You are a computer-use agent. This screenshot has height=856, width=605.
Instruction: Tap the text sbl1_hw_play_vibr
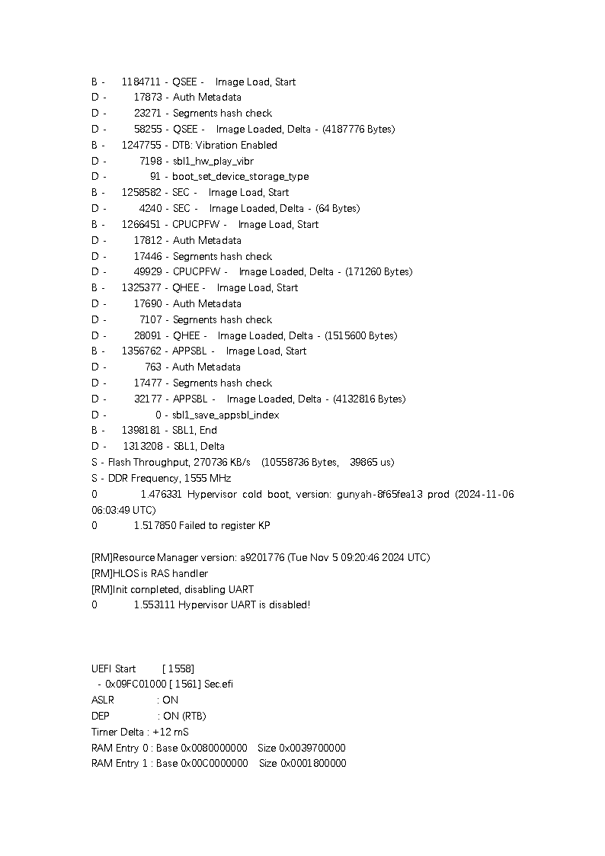pyautogui.click(x=213, y=161)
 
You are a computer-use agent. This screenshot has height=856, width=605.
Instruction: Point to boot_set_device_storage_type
pyautogui.click(x=240, y=176)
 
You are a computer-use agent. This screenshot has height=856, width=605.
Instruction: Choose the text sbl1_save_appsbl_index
pyautogui.click(x=226, y=415)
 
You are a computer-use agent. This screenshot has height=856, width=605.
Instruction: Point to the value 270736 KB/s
pyautogui.click(x=222, y=462)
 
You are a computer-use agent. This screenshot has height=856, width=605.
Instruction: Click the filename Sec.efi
pyautogui.click(x=219, y=684)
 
